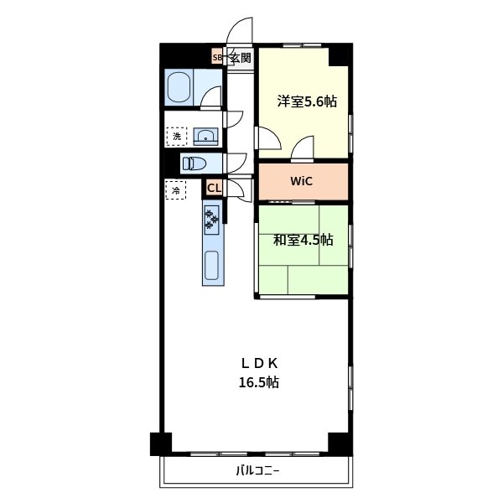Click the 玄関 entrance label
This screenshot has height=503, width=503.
(x=241, y=58)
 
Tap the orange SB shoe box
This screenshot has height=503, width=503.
(x=217, y=57)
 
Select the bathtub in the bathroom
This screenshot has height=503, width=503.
(x=179, y=87)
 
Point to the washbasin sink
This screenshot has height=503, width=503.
(x=205, y=137)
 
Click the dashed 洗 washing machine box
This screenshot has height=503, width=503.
(x=177, y=137)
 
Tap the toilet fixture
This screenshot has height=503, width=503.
(x=194, y=163)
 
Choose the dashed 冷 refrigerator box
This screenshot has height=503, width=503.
(x=176, y=190)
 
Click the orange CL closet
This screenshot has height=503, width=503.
(x=214, y=188)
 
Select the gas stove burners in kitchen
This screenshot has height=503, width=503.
(x=212, y=220)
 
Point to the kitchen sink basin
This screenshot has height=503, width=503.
(x=212, y=265)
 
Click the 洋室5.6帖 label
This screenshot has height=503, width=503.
(x=307, y=101)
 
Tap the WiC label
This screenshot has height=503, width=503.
(x=301, y=181)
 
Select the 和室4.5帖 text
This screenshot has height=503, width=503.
(x=303, y=240)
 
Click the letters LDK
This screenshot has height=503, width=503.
(x=259, y=364)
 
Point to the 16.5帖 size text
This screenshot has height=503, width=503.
(x=258, y=382)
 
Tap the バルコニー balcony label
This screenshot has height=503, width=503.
(x=258, y=471)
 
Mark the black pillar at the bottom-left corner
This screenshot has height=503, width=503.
(x=161, y=444)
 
